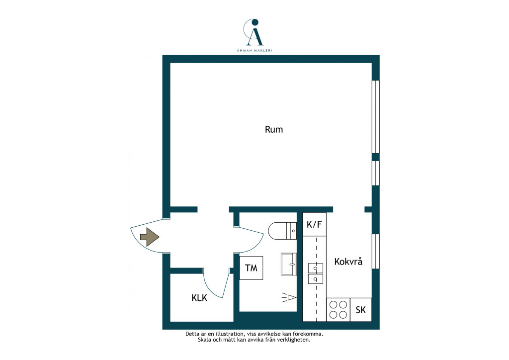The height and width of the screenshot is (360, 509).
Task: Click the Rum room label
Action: pyautogui.click(x=274, y=129)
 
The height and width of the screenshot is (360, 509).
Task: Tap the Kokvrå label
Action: pyautogui.click(x=348, y=262)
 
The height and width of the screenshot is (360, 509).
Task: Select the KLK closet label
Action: pyautogui.click(x=199, y=298)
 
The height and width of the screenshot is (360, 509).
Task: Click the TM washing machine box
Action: pyautogui.click(x=251, y=268)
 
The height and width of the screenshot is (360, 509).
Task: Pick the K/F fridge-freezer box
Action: pyautogui.click(x=314, y=224)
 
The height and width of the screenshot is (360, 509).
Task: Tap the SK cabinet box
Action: pyautogui.click(x=361, y=310)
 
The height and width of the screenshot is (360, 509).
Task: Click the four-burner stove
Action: pyautogui.click(x=338, y=310)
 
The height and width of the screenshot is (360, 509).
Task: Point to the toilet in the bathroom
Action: pyautogui.click(x=282, y=231)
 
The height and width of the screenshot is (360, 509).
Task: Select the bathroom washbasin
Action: pyautogui.click(x=289, y=264)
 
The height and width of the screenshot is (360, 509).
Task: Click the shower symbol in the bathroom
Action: pyautogui.click(x=289, y=297)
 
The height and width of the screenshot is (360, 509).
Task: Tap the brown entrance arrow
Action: pyautogui.click(x=150, y=237)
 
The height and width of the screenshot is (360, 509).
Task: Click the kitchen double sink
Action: pyautogui.click(x=315, y=273)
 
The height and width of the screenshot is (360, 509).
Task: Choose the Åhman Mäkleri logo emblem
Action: pyautogui.click(x=254, y=32)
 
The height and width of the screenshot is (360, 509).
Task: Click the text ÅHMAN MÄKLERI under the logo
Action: pyautogui.click(x=254, y=50)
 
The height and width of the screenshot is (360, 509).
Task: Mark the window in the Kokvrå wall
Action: pyautogui.click(x=376, y=251)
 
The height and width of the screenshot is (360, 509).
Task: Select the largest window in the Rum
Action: pyautogui.click(x=376, y=116)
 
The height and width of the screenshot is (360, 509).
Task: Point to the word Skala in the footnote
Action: pyautogui.click(x=204, y=340)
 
